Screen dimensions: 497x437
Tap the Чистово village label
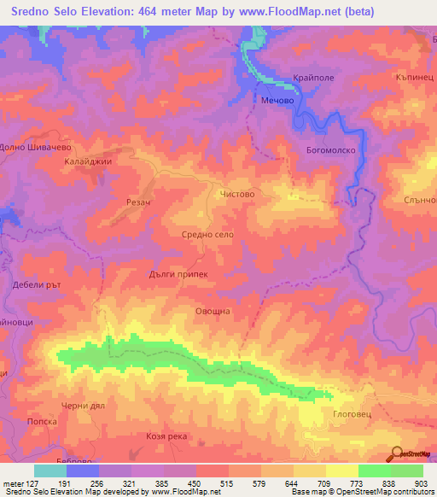pos(237,195)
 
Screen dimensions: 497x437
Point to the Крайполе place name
pos(312,77)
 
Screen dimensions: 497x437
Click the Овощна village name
pos(213,312)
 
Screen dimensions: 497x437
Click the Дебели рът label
pos(35,285)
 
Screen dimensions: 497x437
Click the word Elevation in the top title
pos(100,12)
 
